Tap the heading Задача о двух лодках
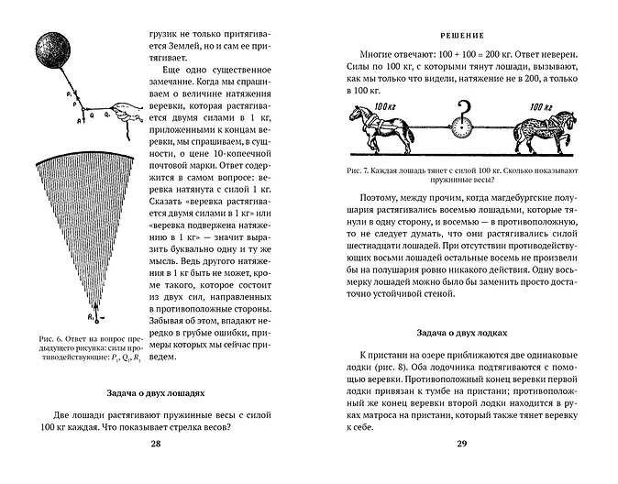(x=462, y=332)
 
